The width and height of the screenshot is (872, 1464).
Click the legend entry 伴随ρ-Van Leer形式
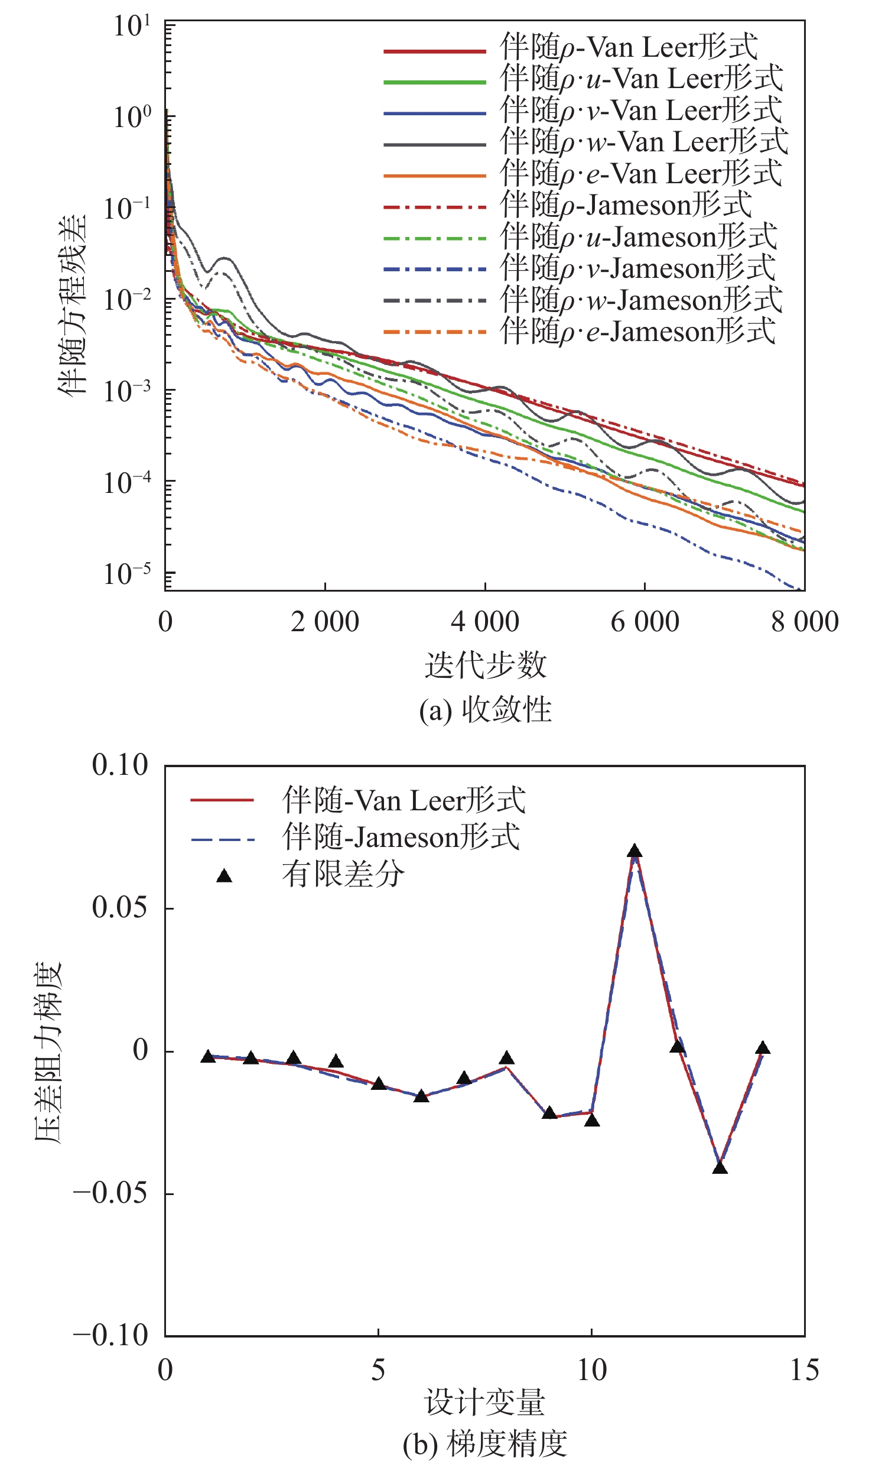pos(629,47)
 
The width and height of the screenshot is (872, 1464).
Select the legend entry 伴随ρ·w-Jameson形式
pos(641,300)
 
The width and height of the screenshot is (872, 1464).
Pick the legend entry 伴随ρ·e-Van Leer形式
pos(641,174)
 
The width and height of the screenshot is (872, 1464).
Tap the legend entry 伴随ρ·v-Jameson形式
pos(637,268)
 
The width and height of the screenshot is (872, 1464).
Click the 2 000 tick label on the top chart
pos(324,622)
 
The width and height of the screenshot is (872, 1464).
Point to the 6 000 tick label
pos(645,622)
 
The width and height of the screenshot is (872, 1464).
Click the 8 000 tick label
pos(805,622)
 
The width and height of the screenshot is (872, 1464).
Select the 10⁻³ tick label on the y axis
pos(126,390)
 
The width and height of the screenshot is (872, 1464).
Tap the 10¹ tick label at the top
pos(131,27)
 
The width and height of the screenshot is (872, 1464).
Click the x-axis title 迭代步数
pos(485,666)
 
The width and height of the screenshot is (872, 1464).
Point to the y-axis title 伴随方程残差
pos(72,305)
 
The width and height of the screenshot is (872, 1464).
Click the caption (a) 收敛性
pos(485,710)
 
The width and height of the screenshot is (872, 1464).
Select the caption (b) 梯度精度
pos(485,1443)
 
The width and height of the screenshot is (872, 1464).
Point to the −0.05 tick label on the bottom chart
pos(110,1193)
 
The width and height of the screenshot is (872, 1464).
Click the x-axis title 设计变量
pos(485,1403)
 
